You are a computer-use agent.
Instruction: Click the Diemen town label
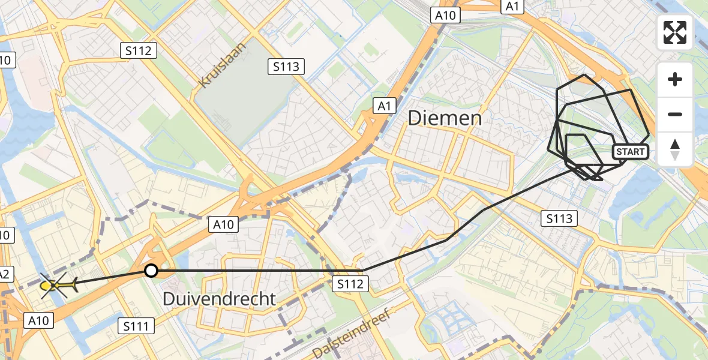(445, 118)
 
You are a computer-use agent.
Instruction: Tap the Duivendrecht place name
(220, 298)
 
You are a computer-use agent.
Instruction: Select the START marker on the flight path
(631, 152)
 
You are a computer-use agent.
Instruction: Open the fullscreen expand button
(675, 32)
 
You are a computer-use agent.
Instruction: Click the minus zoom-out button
(675, 114)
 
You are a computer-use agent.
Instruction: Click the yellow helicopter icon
(57, 286)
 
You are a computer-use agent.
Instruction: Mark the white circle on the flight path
(151, 271)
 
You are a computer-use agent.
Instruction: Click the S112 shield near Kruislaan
(139, 51)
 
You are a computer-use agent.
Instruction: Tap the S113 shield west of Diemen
(286, 67)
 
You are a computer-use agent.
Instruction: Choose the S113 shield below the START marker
(559, 219)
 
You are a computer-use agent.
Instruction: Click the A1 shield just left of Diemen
(384, 106)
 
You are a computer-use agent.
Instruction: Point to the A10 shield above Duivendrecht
(224, 224)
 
